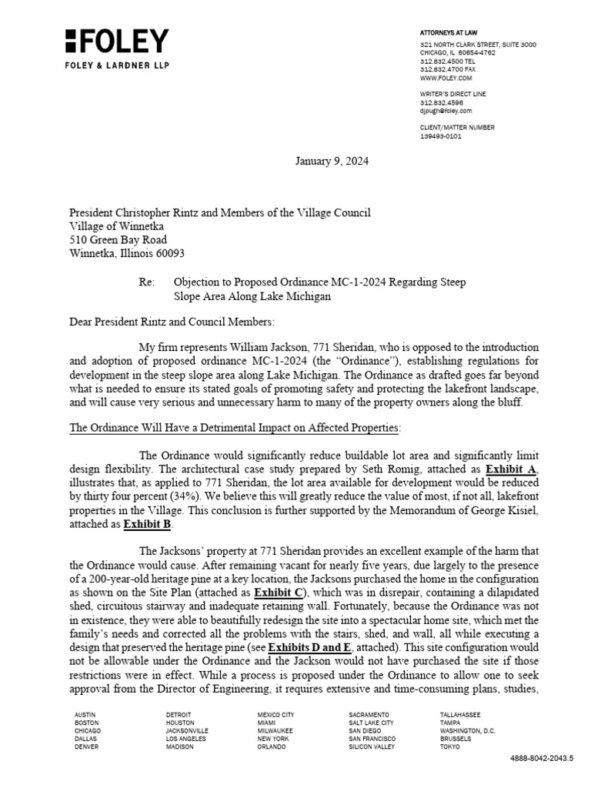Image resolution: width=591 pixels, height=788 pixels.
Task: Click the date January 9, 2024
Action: (332, 161)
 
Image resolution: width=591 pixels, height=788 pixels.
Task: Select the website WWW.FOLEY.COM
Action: (446, 78)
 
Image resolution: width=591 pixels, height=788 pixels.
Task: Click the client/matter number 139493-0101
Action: (441, 136)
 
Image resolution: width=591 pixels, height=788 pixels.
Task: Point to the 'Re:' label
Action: (147, 282)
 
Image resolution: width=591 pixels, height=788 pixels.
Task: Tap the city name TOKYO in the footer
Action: (449, 747)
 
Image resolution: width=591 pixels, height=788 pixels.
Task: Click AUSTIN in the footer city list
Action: (85, 715)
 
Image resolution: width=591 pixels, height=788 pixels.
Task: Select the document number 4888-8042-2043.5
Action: (542, 758)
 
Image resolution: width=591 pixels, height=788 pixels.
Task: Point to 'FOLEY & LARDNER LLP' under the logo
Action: (116, 65)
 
